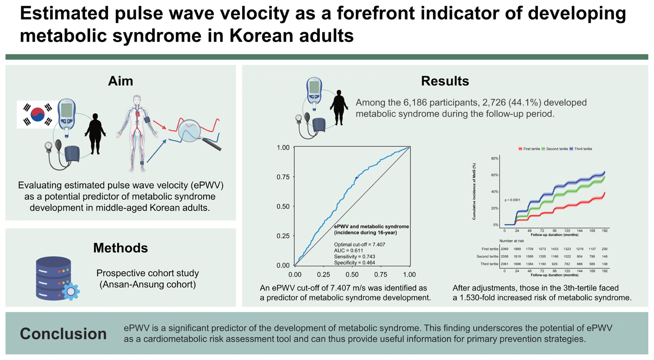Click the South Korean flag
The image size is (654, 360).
click(38, 114)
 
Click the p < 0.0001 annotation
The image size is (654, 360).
click(512, 200)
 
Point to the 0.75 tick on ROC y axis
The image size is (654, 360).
click(283, 177)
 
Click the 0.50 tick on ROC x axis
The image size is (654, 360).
click(352, 274)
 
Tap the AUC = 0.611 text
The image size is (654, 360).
click(348, 251)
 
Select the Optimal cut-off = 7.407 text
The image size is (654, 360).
click(360, 245)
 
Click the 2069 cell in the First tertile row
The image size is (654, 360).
click(504, 249)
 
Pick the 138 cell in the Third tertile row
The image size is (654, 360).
click(604, 264)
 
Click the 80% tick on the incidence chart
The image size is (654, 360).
click(494, 158)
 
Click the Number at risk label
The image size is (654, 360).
click(512, 241)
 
